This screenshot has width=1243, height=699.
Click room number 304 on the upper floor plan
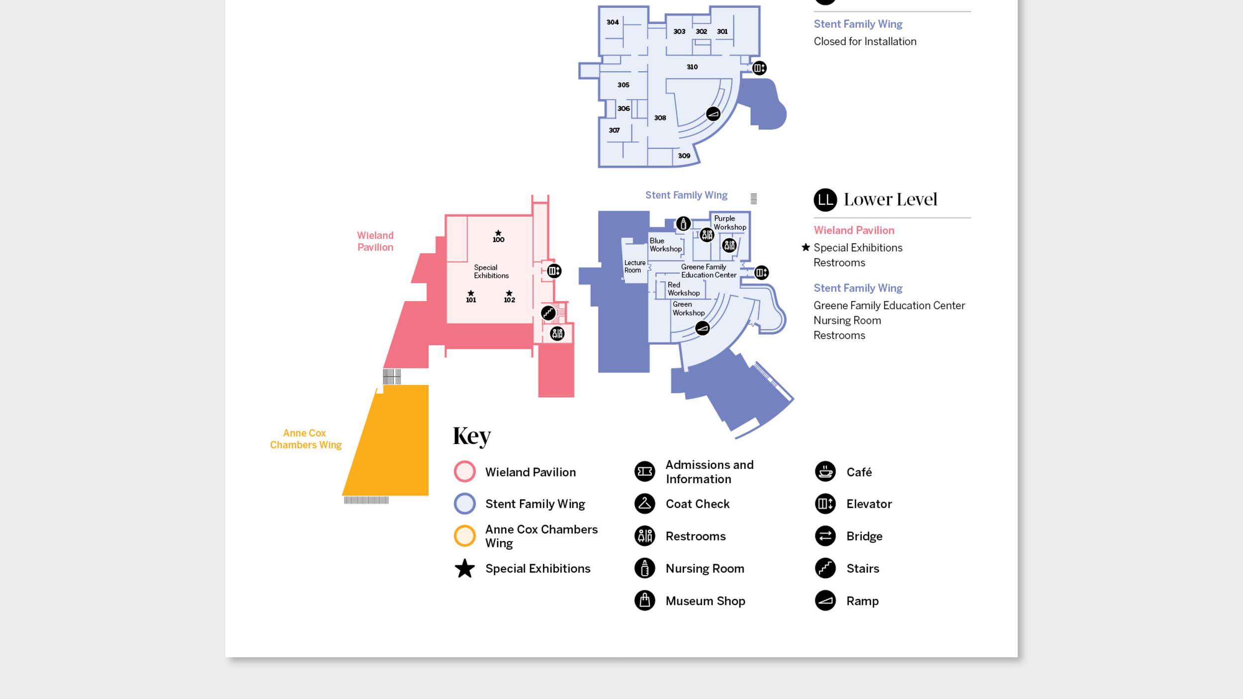[613, 22]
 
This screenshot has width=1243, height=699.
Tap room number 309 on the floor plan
[684, 156]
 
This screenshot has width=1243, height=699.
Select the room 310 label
[692, 67]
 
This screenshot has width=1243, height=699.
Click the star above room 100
[498, 233]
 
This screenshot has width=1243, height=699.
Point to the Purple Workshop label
[729, 223]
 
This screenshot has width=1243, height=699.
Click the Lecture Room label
[634, 266]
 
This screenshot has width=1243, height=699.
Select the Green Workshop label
[688, 308]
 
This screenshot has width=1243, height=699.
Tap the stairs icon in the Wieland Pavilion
[548, 313]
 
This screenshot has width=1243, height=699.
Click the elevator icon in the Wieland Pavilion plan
[554, 271]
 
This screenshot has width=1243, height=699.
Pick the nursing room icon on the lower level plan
[683, 224]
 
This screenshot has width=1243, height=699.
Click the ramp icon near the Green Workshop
[702, 328]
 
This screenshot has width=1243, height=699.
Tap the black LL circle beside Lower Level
[825, 200]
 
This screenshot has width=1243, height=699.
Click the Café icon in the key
[825, 471]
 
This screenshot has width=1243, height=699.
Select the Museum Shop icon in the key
[644, 601]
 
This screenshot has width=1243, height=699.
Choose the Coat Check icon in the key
[644, 504]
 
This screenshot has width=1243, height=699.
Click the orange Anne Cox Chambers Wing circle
[464, 536]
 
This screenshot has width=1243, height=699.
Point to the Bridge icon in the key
[825, 536]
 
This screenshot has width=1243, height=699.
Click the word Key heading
[471, 436]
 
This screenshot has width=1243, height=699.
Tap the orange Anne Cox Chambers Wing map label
[305, 439]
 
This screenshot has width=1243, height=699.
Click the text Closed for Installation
[865, 42]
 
